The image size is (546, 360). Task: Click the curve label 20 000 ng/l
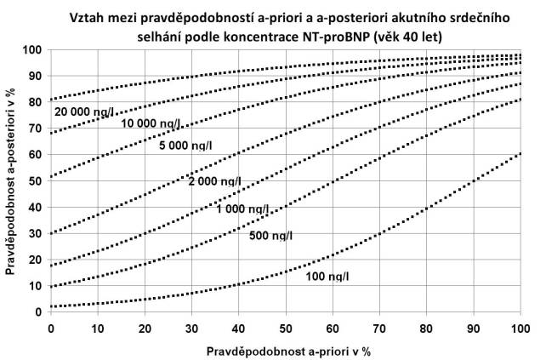click(x=85, y=111)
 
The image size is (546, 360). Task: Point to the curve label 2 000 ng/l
click(x=213, y=182)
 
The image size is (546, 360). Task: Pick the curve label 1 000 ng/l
click(x=242, y=209)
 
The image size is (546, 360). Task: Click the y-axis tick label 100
click(x=32, y=49)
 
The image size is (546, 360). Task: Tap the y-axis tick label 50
click(x=35, y=180)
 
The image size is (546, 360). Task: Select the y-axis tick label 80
click(x=35, y=102)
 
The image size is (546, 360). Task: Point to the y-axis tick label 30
click(x=35, y=233)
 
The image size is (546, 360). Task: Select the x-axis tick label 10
click(x=99, y=328)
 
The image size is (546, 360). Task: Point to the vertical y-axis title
click(x=11, y=180)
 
